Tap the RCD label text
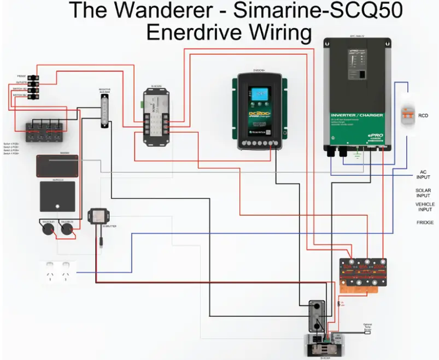(423, 116)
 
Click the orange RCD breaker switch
(406, 114)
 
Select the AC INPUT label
(424, 174)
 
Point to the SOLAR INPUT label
(423, 193)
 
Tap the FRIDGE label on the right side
(425, 222)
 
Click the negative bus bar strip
(104, 113)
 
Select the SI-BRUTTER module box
(98, 216)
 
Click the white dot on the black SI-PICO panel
(58, 206)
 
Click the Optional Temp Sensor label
(368, 326)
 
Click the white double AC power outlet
(58, 272)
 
